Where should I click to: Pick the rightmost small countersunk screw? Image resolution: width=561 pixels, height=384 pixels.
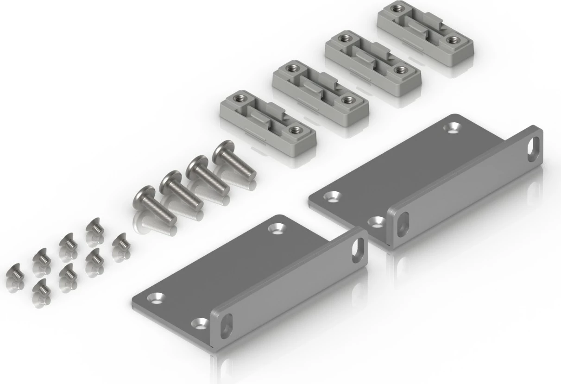[121, 241]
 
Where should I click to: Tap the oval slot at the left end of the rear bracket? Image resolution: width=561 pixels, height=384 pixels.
[403, 224]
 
